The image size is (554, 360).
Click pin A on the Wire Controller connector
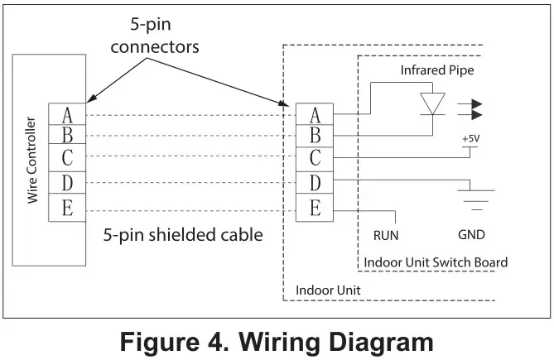point(67,114)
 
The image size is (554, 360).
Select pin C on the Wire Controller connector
point(67,157)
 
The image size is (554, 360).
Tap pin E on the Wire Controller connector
point(67,208)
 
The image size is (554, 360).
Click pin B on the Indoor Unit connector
point(315,136)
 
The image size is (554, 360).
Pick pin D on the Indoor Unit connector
point(315,183)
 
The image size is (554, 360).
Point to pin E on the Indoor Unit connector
point(315,208)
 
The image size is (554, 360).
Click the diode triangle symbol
point(432,103)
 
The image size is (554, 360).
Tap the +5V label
point(471,139)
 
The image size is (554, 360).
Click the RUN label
point(386,235)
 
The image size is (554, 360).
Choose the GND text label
point(471,235)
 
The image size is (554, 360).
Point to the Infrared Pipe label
point(437,70)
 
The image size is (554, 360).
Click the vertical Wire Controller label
point(32,160)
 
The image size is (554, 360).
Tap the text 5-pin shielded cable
point(183,235)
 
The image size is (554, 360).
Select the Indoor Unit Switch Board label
point(436,262)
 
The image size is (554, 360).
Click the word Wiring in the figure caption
point(279,343)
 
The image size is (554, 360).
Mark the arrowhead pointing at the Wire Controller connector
point(90,98)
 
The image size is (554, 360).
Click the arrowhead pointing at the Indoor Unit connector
point(284,103)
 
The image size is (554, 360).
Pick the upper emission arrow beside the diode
point(470,104)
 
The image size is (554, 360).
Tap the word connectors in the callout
point(155,47)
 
